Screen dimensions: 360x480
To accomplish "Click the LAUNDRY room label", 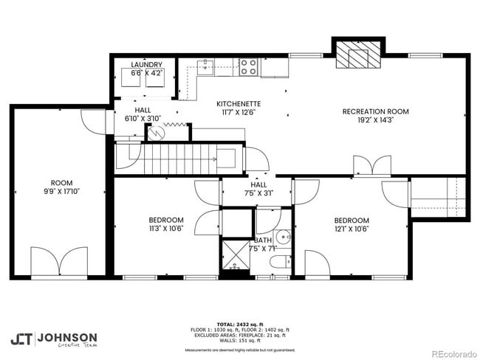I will (x=146, y=65).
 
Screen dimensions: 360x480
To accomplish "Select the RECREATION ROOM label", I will (x=376, y=111).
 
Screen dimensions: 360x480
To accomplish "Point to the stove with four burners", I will (x=249, y=68).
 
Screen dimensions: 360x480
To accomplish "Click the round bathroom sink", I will (x=284, y=238).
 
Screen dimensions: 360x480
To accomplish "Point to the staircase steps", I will (x=177, y=157).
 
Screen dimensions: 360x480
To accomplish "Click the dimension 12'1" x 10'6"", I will (x=351, y=229).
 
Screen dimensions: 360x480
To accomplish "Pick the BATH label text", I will (x=263, y=240).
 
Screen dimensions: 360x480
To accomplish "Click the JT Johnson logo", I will (x=53, y=339).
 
